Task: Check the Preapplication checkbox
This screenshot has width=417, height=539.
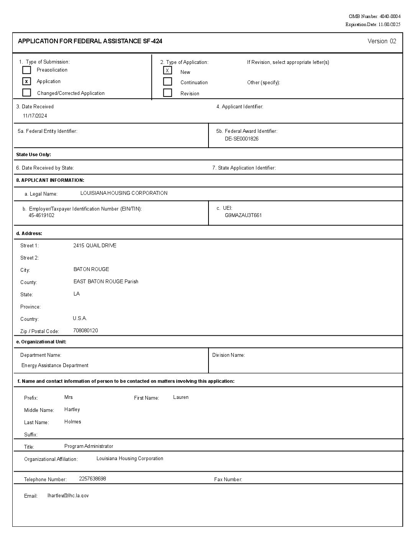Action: pos(26,70)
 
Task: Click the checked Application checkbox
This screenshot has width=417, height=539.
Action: pos(26,81)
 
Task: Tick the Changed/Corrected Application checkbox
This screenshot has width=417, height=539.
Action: pos(26,93)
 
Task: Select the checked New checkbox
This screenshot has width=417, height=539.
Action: pos(167,70)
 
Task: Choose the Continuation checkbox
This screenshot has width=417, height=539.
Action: pos(167,82)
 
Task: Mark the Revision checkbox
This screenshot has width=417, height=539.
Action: pos(167,93)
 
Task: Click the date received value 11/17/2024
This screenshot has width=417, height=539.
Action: pos(35,116)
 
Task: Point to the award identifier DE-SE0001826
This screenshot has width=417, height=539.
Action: pos(241,139)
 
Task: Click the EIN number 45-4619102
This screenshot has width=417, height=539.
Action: pos(41,215)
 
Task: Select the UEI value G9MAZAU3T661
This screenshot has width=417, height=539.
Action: pos(243,215)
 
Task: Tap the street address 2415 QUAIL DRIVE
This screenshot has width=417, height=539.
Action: pos(95,245)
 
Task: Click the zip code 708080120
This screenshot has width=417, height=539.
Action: pos(85,330)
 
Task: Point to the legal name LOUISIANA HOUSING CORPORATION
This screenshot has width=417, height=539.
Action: pos(124,193)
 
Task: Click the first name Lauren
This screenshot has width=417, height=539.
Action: pos(181,397)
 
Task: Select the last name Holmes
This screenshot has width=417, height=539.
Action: pos(73,422)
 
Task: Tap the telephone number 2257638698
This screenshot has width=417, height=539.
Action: pos(92,479)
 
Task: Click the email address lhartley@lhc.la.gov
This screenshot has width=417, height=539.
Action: pos(68,495)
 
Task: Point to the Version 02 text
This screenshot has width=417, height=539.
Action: pos(382,41)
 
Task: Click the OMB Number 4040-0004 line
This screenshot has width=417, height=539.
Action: pos(374,16)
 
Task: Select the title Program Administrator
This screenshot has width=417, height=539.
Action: pos(89,446)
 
